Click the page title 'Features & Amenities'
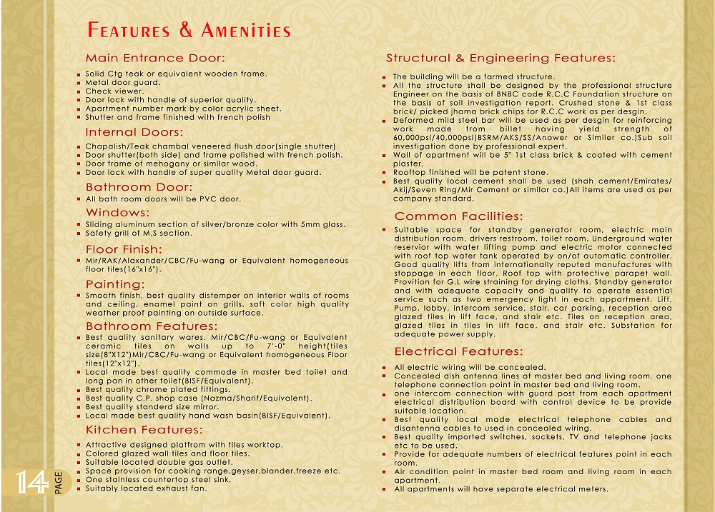point(189,31)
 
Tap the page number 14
point(32,483)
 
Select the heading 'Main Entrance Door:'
point(155,58)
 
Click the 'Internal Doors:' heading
point(134,132)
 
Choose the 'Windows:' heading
point(117,212)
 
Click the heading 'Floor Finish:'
point(124,249)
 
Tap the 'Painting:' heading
point(115,284)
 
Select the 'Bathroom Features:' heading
point(151,326)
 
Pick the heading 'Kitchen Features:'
point(144,429)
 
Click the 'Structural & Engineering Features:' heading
point(500,58)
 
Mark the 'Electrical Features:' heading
point(458,351)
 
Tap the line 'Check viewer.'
point(114,91)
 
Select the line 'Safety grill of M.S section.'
point(139,233)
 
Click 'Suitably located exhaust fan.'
point(146,488)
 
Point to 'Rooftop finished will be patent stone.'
point(470,173)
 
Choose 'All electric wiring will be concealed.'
point(470,368)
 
